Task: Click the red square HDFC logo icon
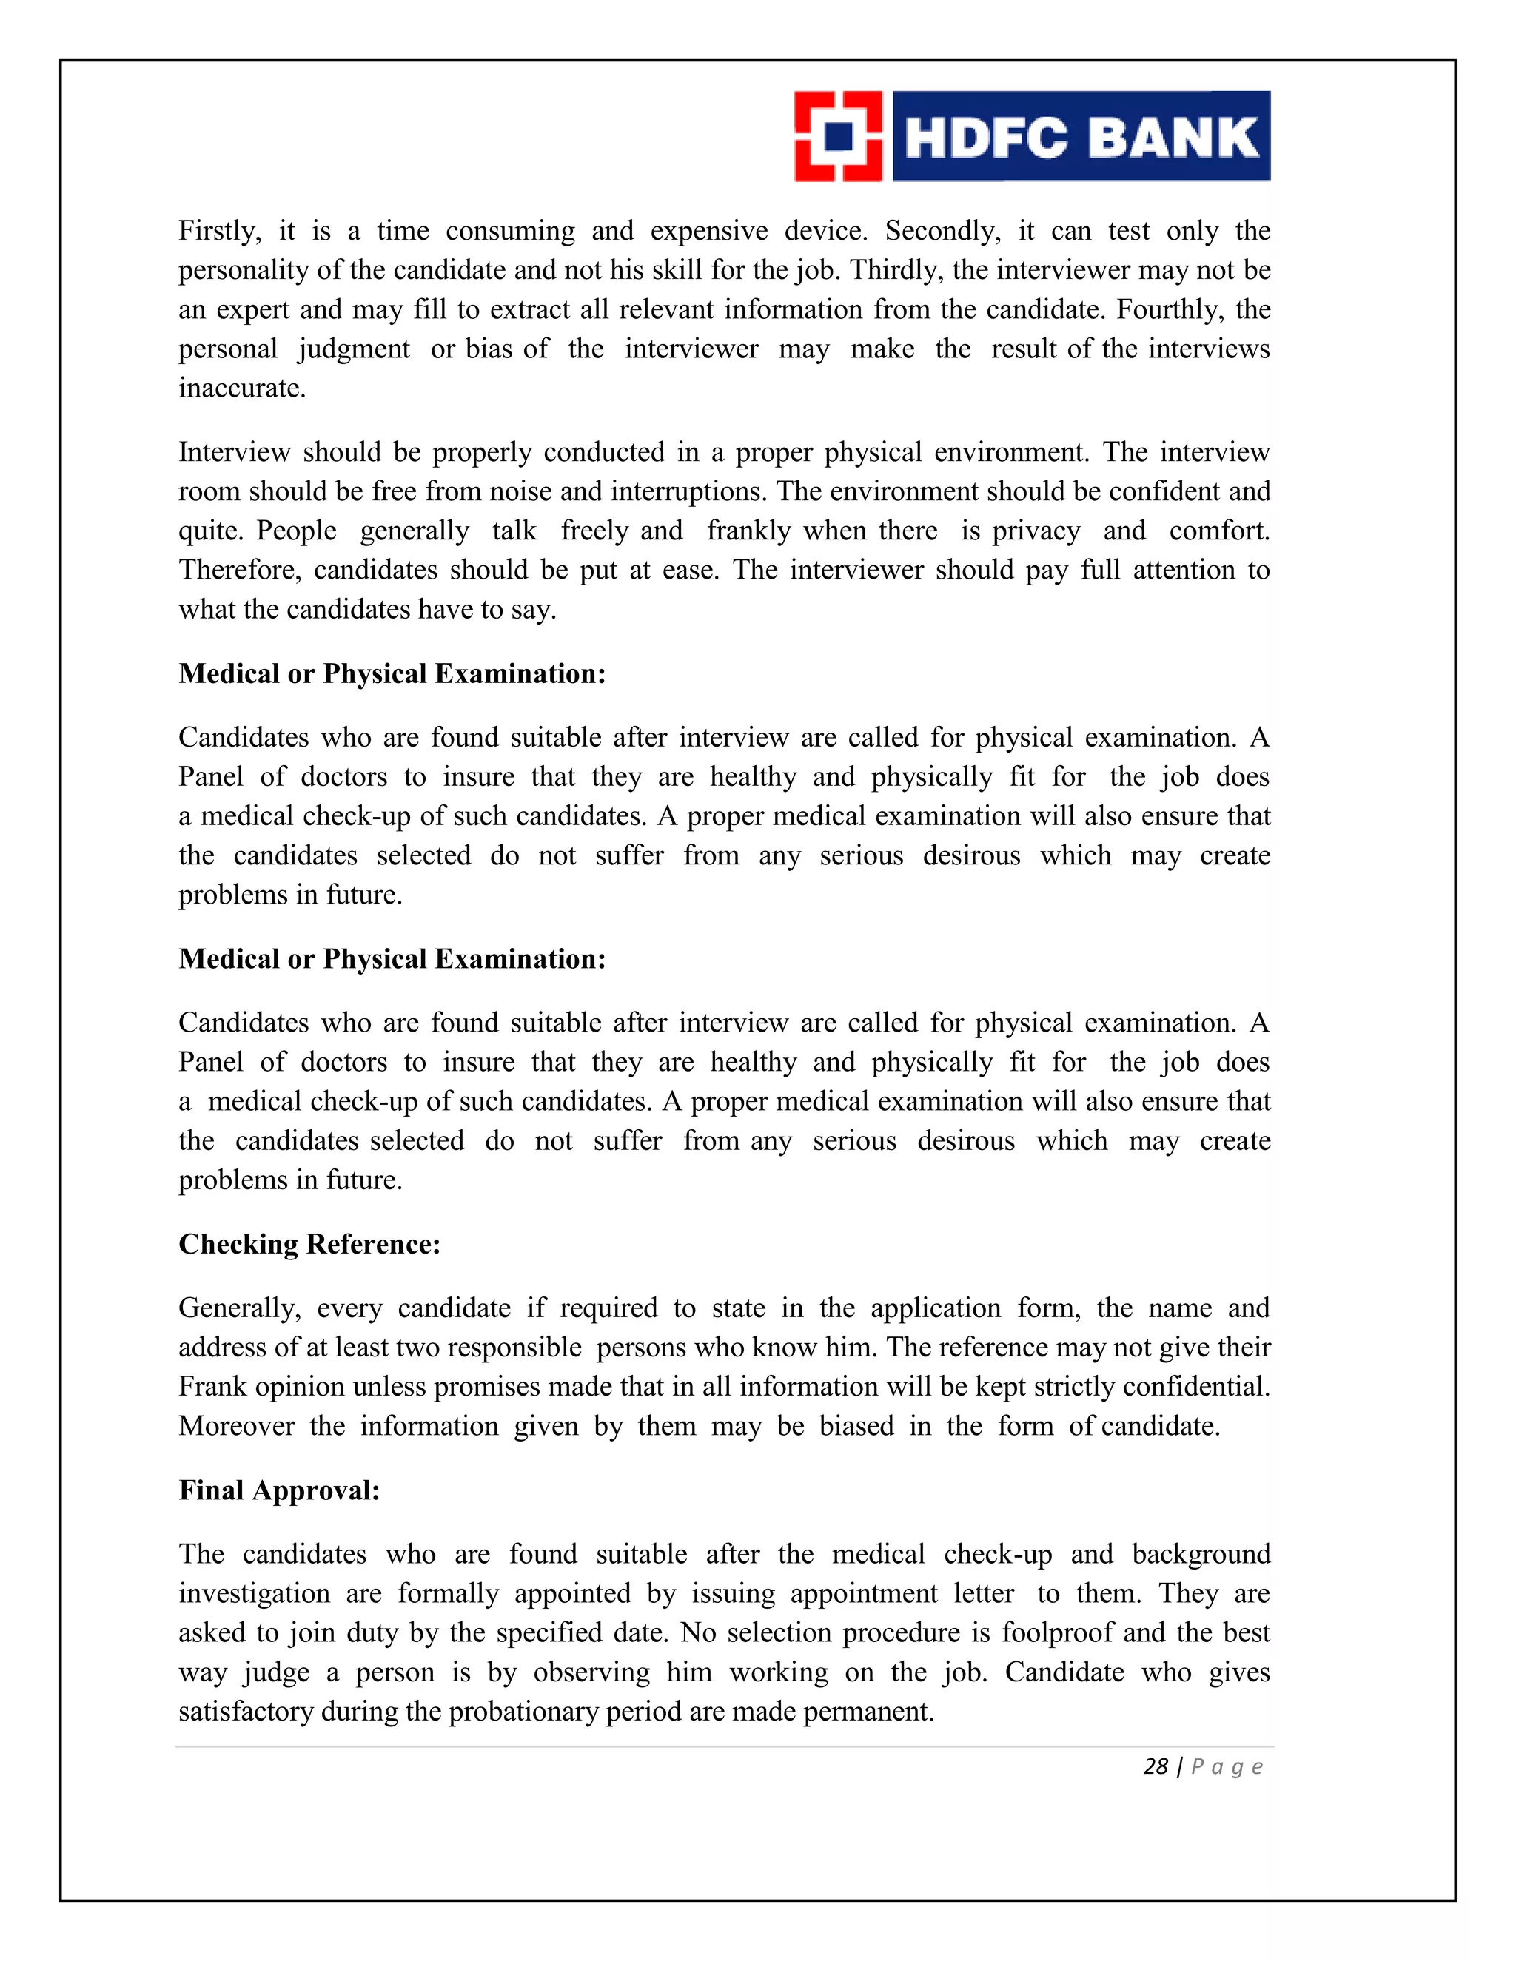click(x=838, y=136)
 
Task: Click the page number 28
click(x=1155, y=1766)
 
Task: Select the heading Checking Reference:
click(x=309, y=1244)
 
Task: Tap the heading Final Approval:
click(x=278, y=1490)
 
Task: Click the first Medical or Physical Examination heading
click(x=392, y=673)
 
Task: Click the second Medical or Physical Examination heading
click(x=392, y=959)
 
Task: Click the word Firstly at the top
click(x=218, y=231)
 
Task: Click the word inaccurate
click(x=241, y=388)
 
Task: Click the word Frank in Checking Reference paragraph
click(x=213, y=1386)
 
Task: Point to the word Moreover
click(x=236, y=1426)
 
